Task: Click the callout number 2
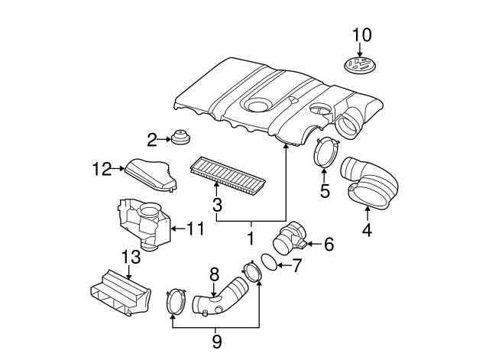point(151,139)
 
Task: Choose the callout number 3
point(217,204)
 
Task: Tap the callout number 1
point(250,238)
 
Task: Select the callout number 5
point(325,190)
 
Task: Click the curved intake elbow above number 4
point(368,182)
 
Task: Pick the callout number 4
point(367,228)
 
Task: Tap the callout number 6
point(329,245)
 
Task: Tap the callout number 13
point(131,255)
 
